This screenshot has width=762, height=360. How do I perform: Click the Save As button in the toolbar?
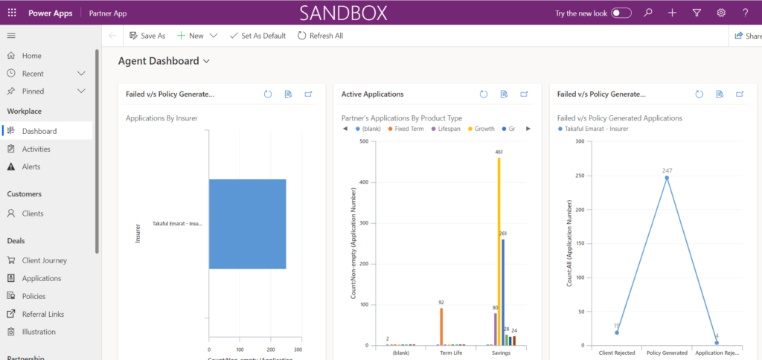[147, 36]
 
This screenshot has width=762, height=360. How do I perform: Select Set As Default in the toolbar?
[257, 36]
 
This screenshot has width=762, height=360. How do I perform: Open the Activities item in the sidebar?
[36, 149]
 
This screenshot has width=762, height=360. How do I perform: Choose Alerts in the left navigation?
[31, 167]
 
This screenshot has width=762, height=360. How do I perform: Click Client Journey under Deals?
[44, 260]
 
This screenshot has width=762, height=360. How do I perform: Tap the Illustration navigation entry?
[39, 332]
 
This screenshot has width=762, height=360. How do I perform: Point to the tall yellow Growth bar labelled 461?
[499, 253]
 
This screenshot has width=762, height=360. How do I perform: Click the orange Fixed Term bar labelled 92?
[441, 327]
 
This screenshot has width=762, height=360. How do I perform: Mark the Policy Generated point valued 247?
[667, 178]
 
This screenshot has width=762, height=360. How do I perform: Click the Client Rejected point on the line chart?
[617, 332]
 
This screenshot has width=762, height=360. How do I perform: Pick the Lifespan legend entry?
[446, 129]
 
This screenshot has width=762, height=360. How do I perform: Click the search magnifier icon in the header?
[648, 13]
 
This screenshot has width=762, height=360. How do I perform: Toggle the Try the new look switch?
[621, 13]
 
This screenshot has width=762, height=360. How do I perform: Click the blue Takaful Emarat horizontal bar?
[247, 223]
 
